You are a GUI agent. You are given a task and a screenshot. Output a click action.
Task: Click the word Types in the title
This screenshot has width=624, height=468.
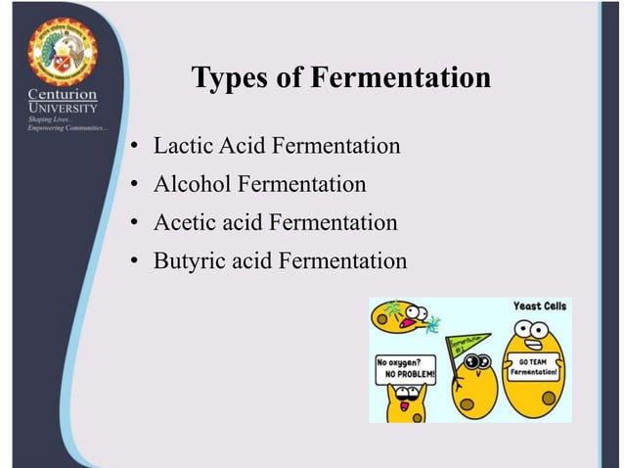224,77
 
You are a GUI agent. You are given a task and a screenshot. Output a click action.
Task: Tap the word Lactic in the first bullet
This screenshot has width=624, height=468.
182,147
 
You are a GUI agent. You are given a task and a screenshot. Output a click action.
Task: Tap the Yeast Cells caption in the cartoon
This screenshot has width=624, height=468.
539,306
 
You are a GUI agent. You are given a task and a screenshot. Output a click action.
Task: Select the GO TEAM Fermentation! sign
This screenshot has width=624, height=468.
533,368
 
